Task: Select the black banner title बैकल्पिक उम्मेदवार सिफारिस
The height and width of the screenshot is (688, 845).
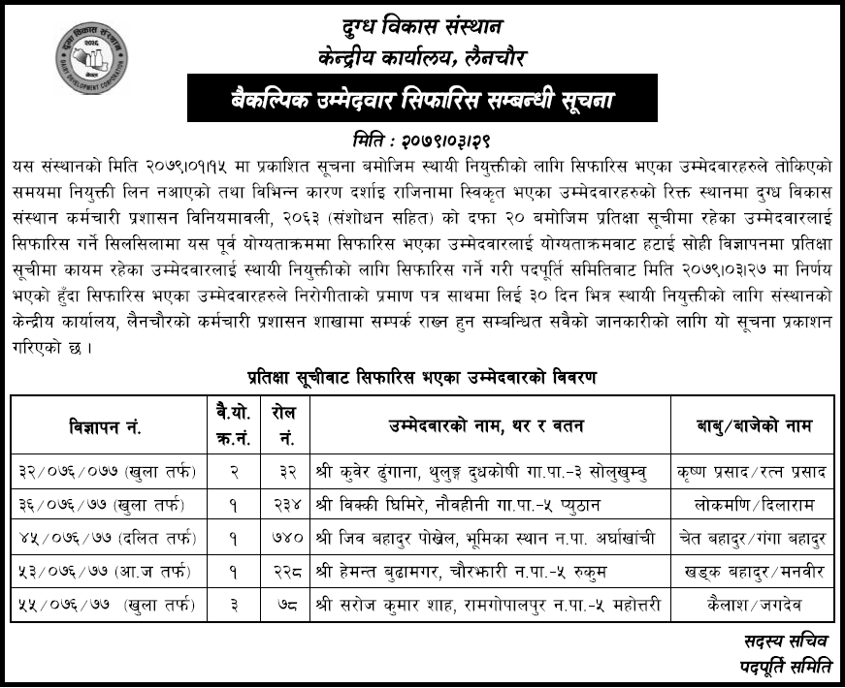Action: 422,99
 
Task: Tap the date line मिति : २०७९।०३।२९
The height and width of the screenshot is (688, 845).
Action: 422,138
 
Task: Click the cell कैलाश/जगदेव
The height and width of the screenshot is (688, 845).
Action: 752,605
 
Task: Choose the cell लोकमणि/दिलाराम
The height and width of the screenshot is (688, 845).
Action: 752,505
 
